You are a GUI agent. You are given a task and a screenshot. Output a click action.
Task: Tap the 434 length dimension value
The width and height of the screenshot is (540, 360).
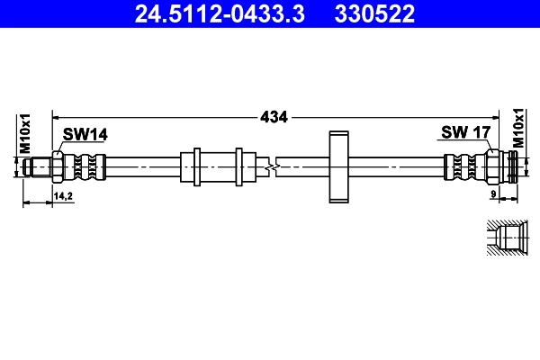(x=274, y=116)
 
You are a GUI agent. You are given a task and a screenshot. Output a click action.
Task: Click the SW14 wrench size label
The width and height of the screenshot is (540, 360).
(x=85, y=134)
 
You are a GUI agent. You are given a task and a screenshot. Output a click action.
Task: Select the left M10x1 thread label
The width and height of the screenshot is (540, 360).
(x=26, y=132)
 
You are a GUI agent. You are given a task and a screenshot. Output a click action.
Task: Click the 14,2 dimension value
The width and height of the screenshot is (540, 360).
(x=63, y=194)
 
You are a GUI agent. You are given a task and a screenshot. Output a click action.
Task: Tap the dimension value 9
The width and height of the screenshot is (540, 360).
(x=494, y=194)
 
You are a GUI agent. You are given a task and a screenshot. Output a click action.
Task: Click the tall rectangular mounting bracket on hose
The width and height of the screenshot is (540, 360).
(x=338, y=166)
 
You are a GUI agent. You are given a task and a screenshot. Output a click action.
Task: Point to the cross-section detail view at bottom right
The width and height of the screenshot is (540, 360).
(x=506, y=238)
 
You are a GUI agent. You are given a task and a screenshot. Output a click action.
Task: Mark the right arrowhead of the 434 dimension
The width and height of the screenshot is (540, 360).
(x=499, y=116)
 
